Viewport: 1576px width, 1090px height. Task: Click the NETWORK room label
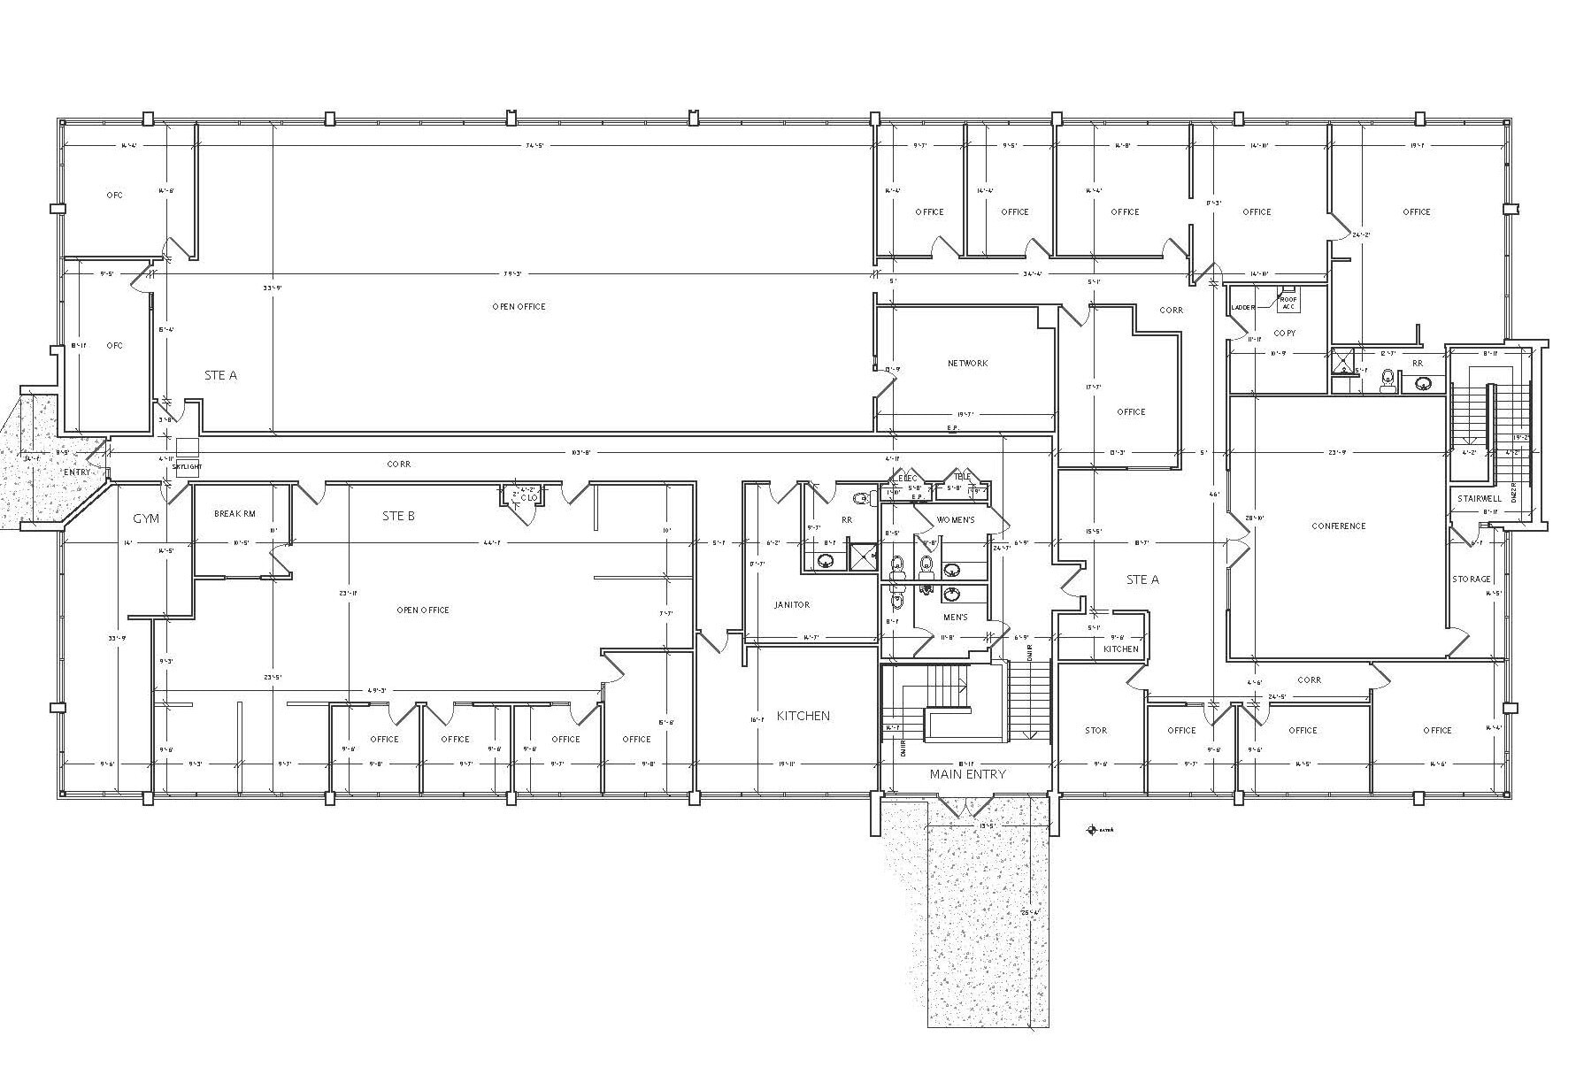967,364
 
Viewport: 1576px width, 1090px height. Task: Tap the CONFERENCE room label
1338,526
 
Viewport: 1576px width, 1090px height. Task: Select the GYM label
146,518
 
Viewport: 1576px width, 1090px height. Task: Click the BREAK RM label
234,514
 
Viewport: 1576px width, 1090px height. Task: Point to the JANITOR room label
792,605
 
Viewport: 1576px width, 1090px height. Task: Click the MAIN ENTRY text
967,774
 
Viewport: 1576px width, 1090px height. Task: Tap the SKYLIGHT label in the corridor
187,466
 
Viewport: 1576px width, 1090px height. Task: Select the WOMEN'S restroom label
955,520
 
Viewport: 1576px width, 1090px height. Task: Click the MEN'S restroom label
955,618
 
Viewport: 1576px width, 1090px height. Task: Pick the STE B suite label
398,516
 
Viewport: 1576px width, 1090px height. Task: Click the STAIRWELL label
1480,499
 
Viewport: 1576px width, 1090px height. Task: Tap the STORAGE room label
1471,580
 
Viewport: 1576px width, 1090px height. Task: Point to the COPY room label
1284,334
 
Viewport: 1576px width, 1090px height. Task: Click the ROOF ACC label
1288,303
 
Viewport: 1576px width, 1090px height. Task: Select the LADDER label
1242,308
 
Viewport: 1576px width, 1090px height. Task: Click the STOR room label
1096,731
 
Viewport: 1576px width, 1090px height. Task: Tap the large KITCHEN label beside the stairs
803,716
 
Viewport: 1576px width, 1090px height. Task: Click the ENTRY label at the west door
77,472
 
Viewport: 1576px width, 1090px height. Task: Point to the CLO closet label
527,498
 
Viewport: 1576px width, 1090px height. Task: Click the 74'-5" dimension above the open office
534,146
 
